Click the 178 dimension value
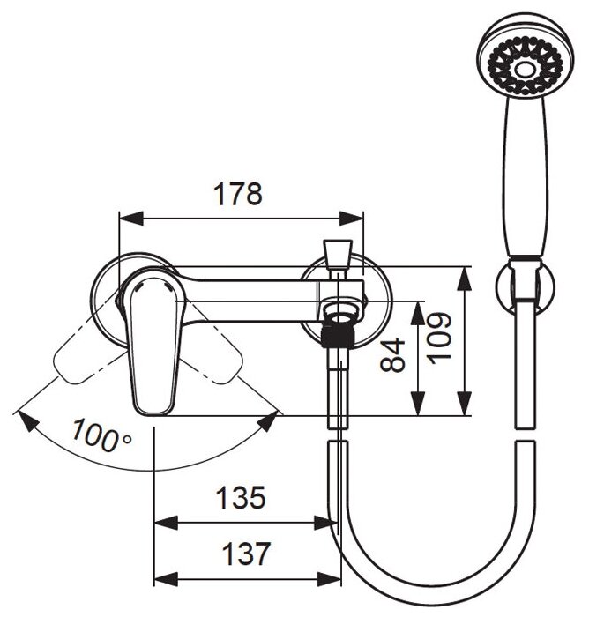click(x=241, y=194)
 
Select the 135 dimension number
click(x=242, y=498)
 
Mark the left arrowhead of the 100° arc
click(x=25, y=418)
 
